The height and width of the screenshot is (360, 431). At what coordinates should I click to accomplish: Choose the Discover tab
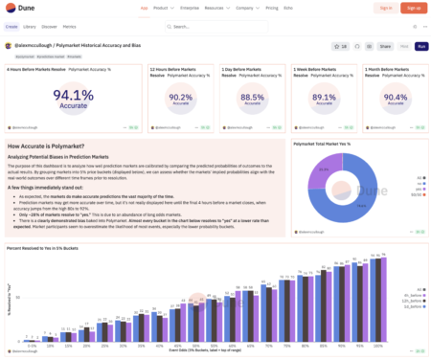click(x=50, y=27)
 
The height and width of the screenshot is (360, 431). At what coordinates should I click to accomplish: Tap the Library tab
click(x=30, y=27)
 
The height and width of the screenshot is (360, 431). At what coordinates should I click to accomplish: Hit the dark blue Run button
click(x=420, y=46)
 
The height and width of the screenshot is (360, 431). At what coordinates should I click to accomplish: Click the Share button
click(x=385, y=46)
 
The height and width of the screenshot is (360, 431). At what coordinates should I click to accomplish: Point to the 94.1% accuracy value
click(x=73, y=95)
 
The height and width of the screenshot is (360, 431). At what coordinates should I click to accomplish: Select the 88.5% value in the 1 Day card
click(x=252, y=98)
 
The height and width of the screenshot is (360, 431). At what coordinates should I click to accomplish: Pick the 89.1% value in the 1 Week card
click(x=324, y=98)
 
